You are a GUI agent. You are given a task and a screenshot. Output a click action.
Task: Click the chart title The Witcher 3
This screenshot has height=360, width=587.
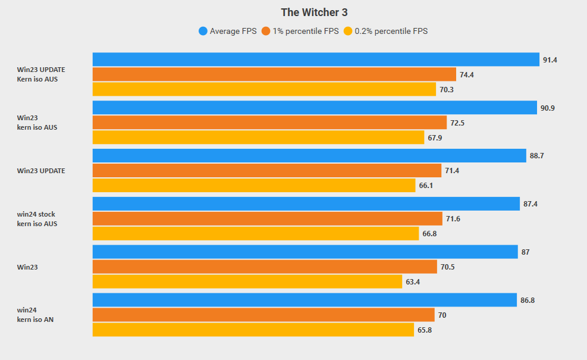coord(313,12)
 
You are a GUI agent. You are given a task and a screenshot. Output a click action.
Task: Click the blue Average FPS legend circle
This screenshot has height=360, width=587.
coord(203,31)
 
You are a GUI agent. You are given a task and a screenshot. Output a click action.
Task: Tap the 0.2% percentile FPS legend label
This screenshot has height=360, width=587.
coord(391,31)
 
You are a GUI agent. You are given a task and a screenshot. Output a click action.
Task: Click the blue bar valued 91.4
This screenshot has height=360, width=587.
coord(315,60)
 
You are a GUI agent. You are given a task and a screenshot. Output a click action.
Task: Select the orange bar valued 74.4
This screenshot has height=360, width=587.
coord(274,74)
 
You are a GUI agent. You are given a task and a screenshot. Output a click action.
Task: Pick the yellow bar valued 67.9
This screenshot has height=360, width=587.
coord(258,137)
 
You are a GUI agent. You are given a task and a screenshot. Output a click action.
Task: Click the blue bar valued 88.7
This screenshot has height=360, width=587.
coord(309,156)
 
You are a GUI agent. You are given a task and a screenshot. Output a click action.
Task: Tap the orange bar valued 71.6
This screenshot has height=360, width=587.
coord(267,218)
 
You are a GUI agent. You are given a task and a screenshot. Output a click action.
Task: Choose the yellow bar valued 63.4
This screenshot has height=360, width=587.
coord(247,281)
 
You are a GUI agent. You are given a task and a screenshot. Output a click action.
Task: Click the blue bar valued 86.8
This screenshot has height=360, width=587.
coord(305,300)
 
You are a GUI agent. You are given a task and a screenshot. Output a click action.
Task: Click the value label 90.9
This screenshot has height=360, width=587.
coord(548,108)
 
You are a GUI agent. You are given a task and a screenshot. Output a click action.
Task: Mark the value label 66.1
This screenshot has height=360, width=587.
coord(426,186)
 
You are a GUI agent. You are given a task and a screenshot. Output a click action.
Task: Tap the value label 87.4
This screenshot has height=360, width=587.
coord(531,204)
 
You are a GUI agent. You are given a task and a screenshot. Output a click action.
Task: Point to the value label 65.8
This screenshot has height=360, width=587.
coord(425,330)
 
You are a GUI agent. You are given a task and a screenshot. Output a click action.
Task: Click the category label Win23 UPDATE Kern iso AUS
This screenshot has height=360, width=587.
coord(41,74)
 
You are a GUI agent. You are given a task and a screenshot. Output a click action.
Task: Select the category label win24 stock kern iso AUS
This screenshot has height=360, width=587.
coord(37,218)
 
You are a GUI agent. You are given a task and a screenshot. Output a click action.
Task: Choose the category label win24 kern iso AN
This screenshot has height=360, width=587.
coord(36,315)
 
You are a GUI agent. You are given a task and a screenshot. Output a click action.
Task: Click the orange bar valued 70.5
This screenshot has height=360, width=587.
coord(265,267)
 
